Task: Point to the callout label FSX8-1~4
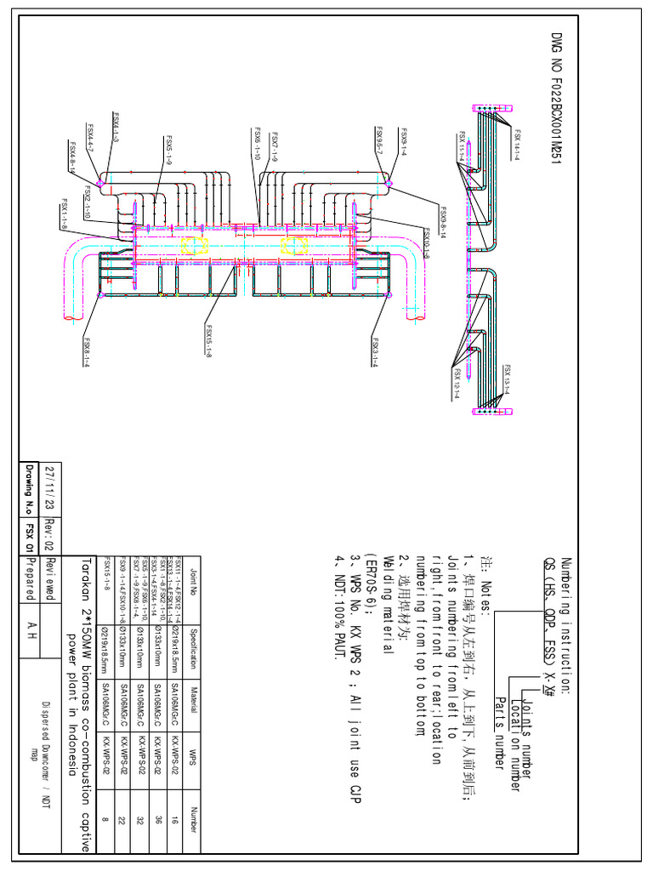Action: coord(86,350)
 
